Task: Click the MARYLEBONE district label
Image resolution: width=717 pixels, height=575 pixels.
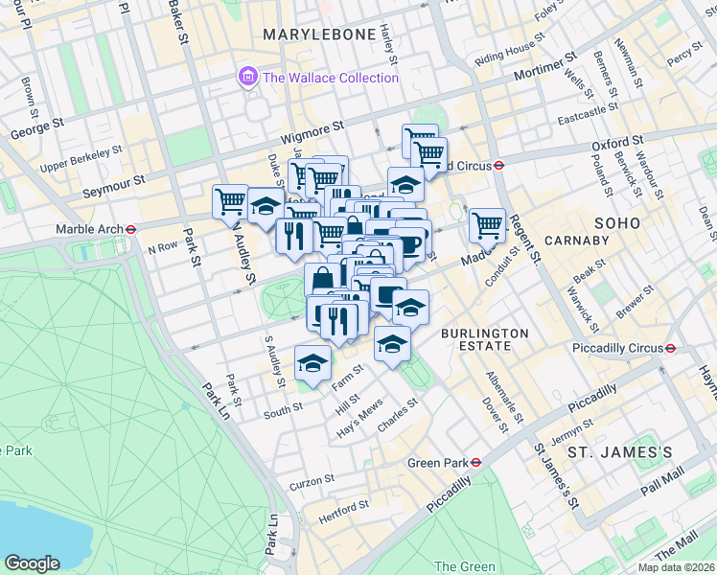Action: tap(319, 34)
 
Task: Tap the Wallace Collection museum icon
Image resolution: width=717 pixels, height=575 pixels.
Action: tap(248, 77)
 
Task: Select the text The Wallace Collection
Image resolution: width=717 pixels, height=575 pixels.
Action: tap(330, 78)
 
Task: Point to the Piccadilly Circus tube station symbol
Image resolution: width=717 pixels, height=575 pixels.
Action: tap(672, 348)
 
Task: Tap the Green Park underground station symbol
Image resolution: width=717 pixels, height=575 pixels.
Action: tap(475, 462)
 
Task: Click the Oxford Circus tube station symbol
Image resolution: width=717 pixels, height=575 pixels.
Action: tap(499, 164)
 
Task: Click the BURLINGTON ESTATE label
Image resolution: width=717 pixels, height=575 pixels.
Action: tap(484, 340)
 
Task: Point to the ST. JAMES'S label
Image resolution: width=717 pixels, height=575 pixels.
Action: tap(613, 451)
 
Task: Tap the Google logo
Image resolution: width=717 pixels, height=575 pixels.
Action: tap(32, 563)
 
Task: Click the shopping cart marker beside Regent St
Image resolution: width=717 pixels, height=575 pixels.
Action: tap(487, 226)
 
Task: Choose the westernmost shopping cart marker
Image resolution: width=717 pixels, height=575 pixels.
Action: tap(230, 202)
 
